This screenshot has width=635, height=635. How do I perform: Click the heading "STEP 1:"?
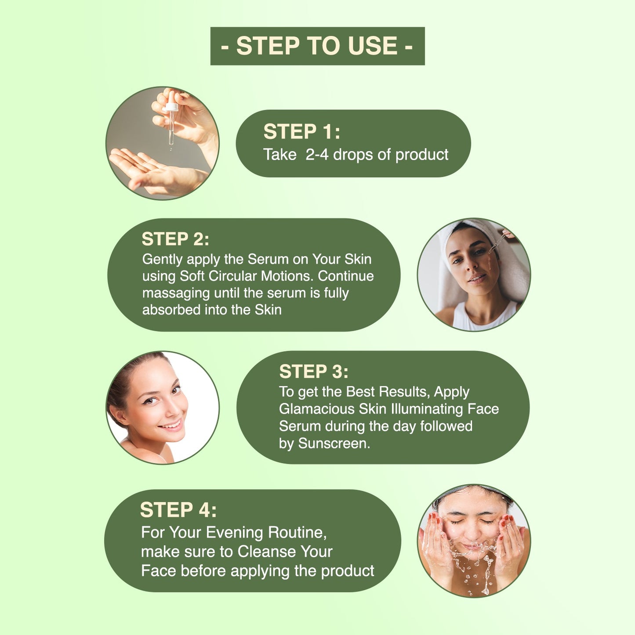[x=301, y=132]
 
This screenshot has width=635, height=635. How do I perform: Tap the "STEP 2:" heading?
[x=175, y=239]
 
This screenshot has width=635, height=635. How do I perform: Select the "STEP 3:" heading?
[x=314, y=371]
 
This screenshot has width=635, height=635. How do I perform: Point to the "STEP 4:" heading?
[x=178, y=510]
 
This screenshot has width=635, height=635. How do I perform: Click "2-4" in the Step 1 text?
[x=317, y=155]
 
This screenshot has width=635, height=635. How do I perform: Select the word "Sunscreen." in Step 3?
[x=334, y=443]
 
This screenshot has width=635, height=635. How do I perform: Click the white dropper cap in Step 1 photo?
[x=172, y=107]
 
